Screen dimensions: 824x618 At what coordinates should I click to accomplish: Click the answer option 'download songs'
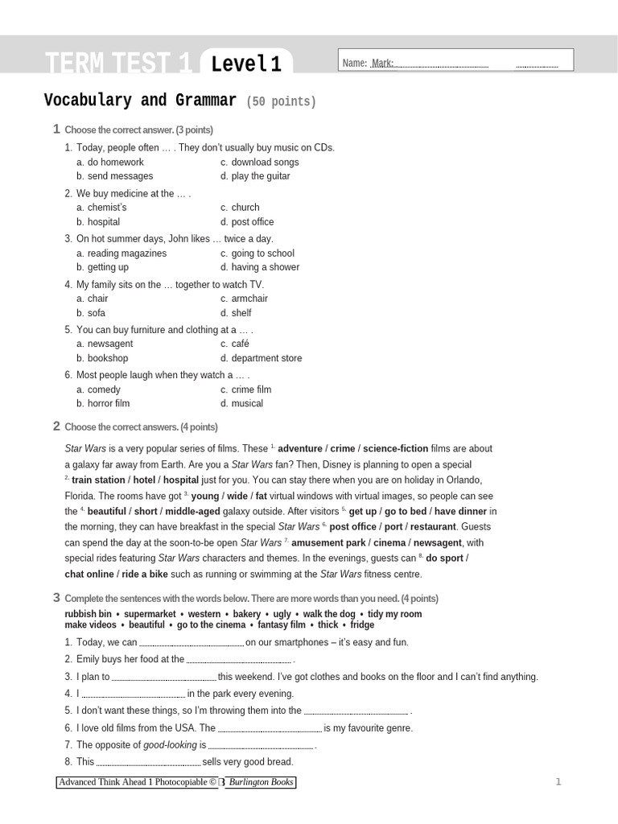(265, 162)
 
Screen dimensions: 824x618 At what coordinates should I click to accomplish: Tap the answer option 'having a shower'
(265, 267)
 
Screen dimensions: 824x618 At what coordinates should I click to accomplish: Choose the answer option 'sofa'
(97, 313)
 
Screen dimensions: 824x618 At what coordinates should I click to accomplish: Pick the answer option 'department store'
(266, 358)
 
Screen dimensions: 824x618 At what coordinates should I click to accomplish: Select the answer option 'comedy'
(104, 389)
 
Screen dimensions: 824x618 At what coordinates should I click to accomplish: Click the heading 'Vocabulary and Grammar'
(140, 101)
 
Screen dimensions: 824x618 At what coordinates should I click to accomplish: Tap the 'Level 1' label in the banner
(246, 64)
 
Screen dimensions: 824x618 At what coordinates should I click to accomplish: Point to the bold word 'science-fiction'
(395, 449)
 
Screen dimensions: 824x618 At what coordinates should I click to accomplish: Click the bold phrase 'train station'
(98, 480)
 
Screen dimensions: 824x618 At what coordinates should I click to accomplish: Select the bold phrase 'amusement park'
(328, 543)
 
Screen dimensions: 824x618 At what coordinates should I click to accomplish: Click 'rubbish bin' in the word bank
(88, 614)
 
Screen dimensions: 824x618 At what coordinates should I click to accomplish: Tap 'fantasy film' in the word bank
(282, 625)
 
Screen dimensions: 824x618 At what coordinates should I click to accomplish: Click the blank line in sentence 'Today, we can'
(192, 644)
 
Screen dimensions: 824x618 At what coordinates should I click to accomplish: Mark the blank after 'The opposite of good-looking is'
(261, 747)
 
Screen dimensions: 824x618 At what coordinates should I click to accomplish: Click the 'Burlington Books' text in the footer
(260, 782)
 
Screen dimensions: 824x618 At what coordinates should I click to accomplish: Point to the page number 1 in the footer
(558, 782)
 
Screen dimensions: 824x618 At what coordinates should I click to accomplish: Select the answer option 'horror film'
(109, 404)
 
